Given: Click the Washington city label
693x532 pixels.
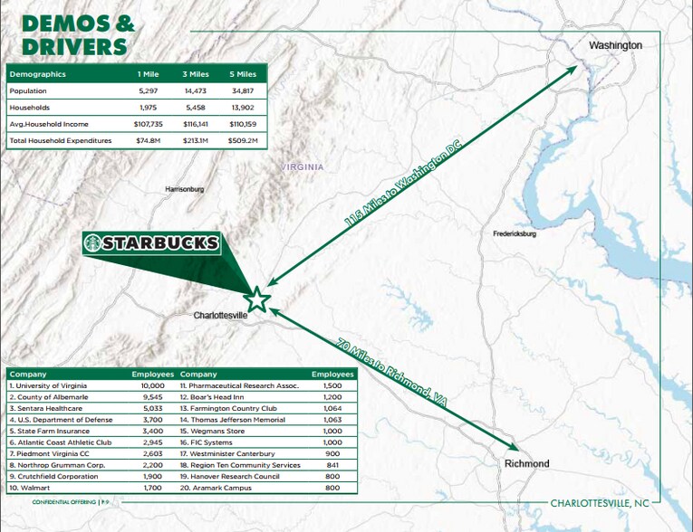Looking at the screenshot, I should pos(615,45).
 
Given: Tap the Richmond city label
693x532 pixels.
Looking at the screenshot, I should pos(526,463).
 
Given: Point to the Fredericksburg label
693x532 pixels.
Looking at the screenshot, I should pos(515,233).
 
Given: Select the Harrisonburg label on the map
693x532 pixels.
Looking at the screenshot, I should pos(185,189).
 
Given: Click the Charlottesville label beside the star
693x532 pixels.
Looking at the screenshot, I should pos(222,316).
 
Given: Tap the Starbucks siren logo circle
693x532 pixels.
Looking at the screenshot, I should pos(92,242).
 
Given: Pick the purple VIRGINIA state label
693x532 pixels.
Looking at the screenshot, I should pos(303,167).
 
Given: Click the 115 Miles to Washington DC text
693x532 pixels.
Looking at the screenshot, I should pos(402,191).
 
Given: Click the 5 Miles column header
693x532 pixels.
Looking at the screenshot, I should pos(242,74).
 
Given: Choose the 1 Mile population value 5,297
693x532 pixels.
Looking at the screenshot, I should pos(149,91).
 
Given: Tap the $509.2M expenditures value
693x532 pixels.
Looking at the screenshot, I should pos(242,141).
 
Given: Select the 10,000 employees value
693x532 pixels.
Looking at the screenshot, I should pos(151,385).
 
